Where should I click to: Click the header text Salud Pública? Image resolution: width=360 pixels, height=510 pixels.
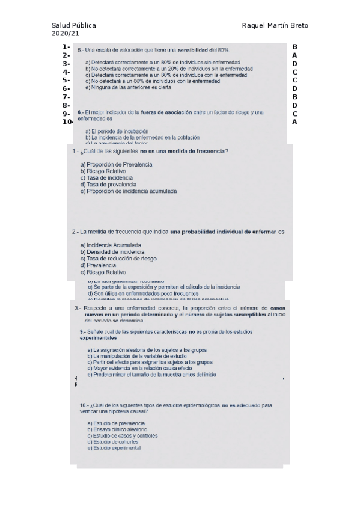coord(74,26)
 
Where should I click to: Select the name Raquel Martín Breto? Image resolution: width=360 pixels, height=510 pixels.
coord(274,26)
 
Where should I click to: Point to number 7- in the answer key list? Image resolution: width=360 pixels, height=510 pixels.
coord(66,96)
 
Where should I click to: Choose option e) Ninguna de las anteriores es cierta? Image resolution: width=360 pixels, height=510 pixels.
coord(129,87)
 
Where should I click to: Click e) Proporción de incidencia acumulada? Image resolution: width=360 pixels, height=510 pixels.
coord(128,191)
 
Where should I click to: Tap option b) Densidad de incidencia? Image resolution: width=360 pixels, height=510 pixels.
coord(112,252)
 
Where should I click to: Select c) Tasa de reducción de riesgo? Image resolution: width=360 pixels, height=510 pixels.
coord(118,259)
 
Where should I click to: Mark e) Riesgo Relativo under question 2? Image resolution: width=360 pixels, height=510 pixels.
coord(103,272)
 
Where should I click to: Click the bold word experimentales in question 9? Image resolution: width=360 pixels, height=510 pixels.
coord(99,337)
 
